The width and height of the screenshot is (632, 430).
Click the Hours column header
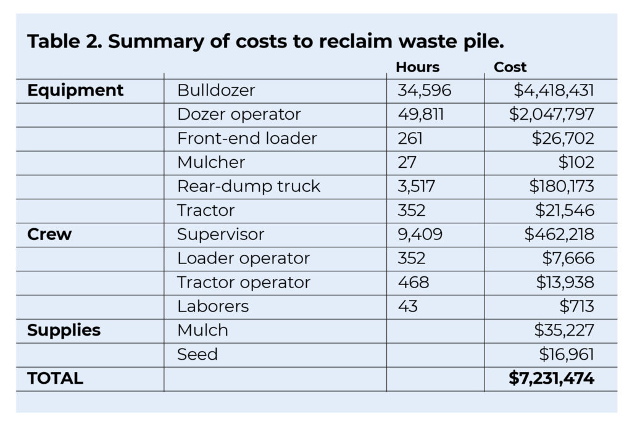click(417, 67)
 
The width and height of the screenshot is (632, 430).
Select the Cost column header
click(510, 67)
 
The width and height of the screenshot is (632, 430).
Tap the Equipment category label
click(75, 91)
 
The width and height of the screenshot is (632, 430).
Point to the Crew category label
click(49, 235)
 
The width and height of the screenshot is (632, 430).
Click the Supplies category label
click(64, 330)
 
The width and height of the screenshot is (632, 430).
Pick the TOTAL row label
click(55, 379)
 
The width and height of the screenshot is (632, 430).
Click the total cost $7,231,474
click(551, 379)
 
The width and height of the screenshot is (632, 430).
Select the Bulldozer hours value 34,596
click(425, 91)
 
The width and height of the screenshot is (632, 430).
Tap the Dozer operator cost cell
click(552, 115)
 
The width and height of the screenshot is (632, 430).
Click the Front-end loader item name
click(247, 139)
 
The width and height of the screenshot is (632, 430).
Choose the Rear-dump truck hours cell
click(417, 187)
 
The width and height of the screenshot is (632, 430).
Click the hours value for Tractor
click(411, 211)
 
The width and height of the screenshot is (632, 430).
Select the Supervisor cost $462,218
click(559, 235)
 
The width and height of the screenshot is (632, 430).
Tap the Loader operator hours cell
click(411, 259)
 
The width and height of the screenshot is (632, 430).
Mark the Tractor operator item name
click(244, 283)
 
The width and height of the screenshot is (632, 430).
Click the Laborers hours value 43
click(407, 307)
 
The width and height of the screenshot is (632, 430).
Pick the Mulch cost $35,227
click(563, 330)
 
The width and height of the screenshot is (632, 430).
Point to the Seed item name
click(197, 354)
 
